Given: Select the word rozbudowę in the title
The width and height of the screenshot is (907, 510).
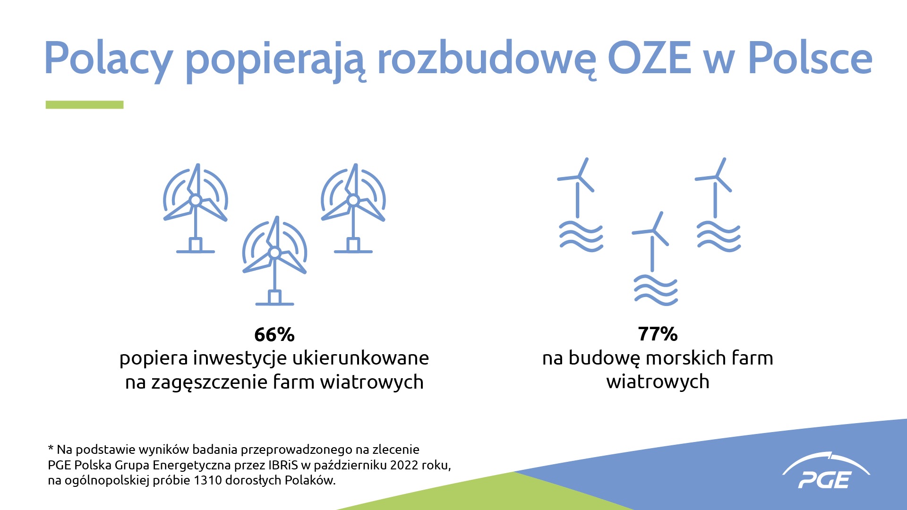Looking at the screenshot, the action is [x=487, y=59].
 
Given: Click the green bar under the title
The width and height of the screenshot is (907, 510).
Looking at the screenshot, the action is [x=85, y=105].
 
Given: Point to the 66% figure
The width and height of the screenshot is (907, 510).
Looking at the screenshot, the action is [x=274, y=335].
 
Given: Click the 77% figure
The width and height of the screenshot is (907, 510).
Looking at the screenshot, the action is [x=658, y=334].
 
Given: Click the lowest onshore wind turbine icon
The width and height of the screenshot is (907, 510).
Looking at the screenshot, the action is [x=274, y=261].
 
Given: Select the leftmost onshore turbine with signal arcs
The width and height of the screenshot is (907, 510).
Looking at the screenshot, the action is [x=196, y=208].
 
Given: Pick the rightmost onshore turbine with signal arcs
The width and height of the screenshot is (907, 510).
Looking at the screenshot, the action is [x=353, y=208].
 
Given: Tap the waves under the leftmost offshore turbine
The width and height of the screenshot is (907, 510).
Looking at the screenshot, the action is [x=581, y=236].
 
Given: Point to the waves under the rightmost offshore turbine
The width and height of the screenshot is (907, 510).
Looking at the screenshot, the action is [x=719, y=236].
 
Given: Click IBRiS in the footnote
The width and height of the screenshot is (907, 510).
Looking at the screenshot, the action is [x=283, y=465].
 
